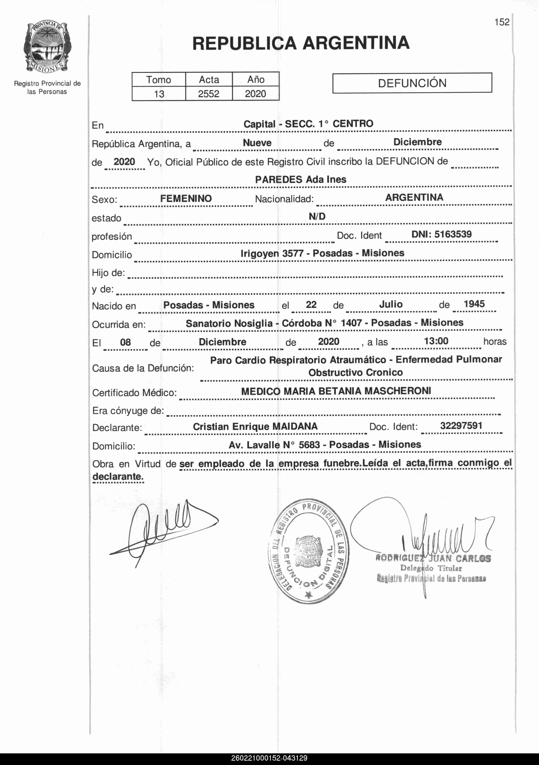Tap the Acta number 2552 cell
point(209,94)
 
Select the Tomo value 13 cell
point(159,94)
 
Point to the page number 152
point(502,22)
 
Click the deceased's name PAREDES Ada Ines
point(301,180)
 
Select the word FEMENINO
point(186,199)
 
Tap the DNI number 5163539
point(453,234)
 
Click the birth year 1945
point(474,304)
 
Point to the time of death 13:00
point(436,341)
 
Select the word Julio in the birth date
point(391,304)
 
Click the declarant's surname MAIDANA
point(295,427)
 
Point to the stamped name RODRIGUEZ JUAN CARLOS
point(433,559)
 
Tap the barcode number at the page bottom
point(269,758)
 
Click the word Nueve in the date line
point(257,143)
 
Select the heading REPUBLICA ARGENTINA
point(301,43)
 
